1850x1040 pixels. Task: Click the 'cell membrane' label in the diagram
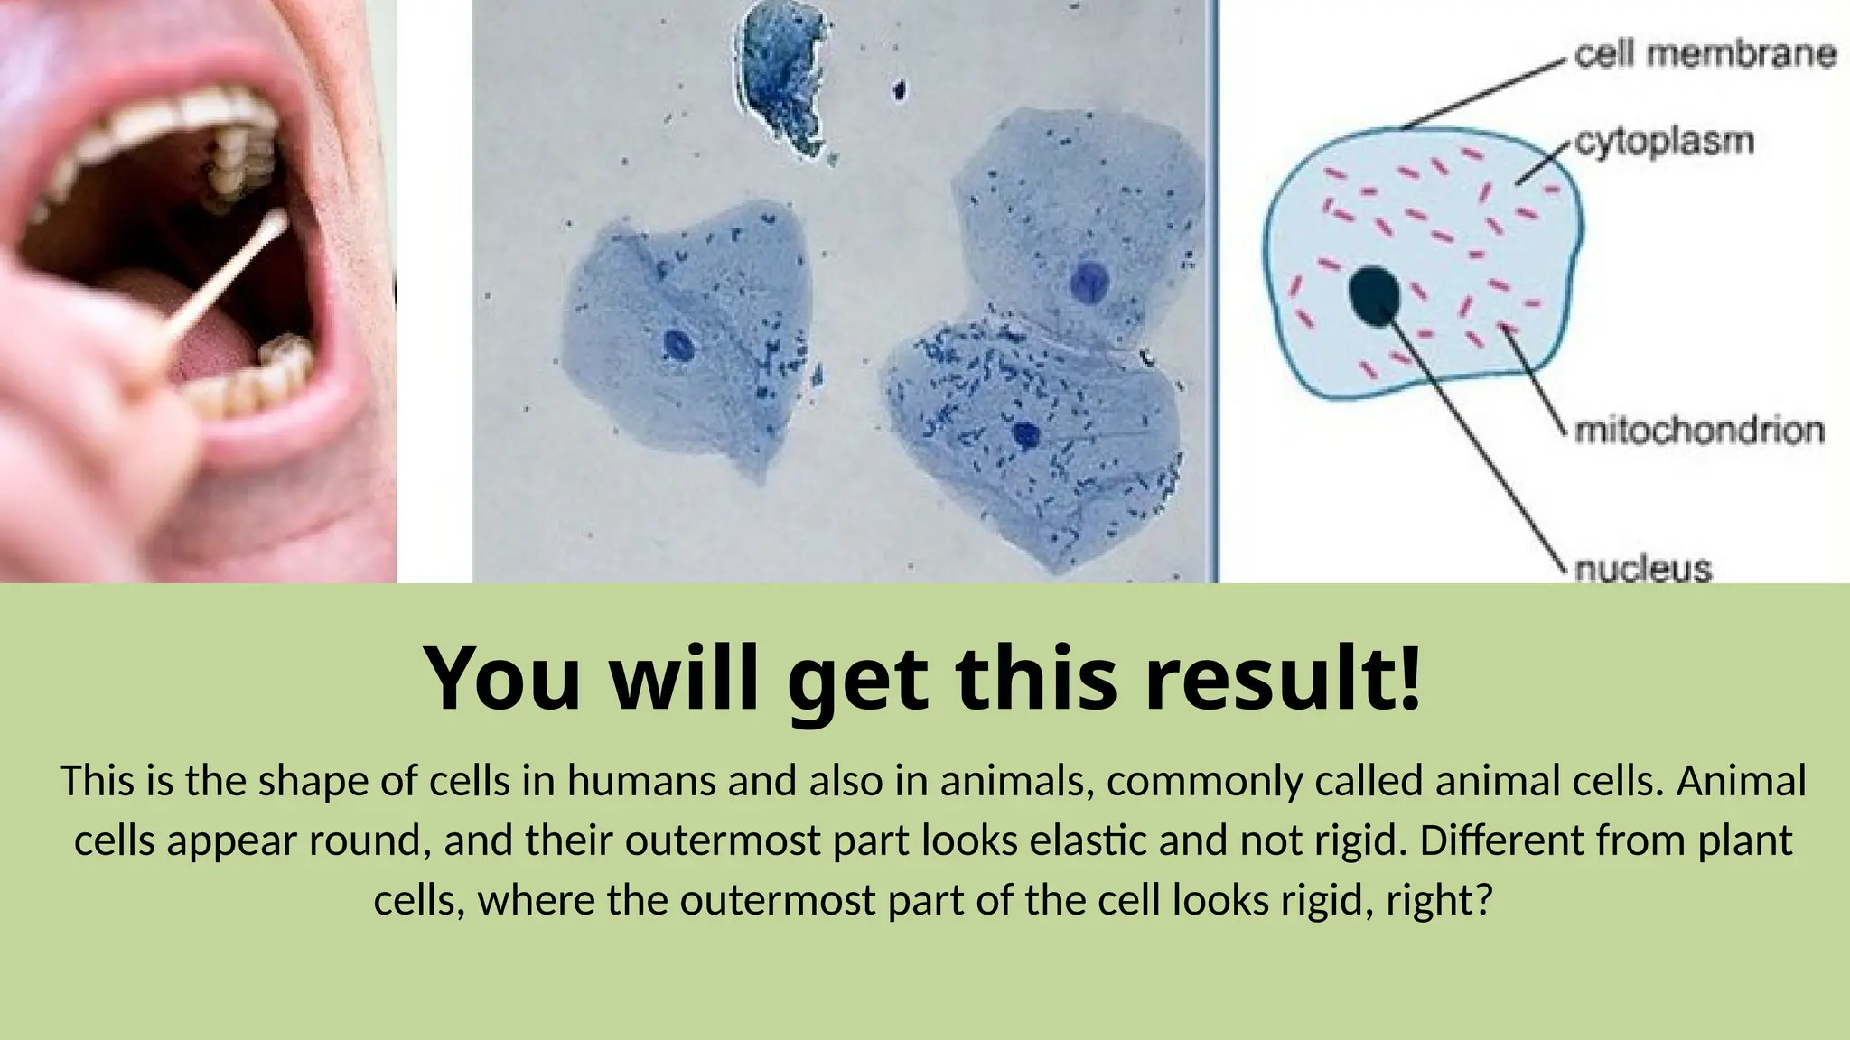[1705, 54]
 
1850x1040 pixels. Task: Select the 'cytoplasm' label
[1664, 142]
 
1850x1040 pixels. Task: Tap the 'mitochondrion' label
[1699, 431]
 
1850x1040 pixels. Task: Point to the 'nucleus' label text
[1643, 569]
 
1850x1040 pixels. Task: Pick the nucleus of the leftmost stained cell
[677, 345]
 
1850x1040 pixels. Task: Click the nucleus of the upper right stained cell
[1089, 282]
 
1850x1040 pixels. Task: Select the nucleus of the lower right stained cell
[1026, 435]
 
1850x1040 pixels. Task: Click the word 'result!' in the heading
[1283, 679]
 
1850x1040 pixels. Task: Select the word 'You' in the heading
[502, 679]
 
